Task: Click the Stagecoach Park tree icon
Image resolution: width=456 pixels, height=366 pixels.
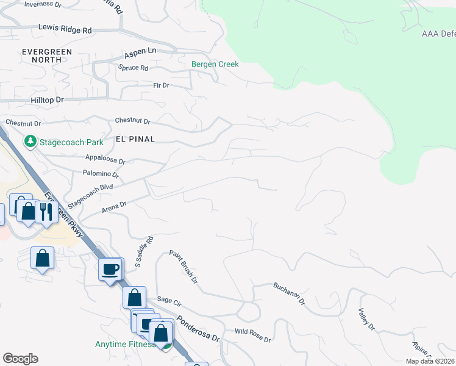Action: point(30,142)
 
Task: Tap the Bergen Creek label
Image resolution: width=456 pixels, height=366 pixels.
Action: point(215,64)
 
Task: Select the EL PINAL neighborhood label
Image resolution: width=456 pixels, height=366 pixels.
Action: point(135,139)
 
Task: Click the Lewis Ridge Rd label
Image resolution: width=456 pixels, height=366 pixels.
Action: point(65,29)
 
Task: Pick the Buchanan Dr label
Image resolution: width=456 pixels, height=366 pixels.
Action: point(288,294)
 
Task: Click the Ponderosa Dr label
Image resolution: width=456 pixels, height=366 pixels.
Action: point(198,328)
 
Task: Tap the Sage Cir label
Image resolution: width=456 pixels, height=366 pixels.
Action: point(169,300)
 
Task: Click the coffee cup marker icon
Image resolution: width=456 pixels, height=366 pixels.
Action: point(110,270)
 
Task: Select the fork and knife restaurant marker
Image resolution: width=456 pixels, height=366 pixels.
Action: point(46,212)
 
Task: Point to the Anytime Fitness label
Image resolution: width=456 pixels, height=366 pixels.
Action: point(123,345)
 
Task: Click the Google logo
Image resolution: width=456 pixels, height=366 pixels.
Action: point(20,359)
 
